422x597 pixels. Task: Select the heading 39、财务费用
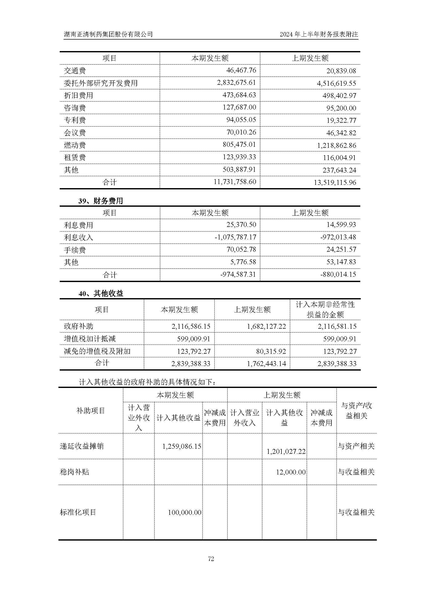pyautogui.click(x=101, y=201)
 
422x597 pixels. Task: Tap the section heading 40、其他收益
pyautogui.click(x=101, y=294)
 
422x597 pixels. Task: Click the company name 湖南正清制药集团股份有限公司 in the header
pyautogui.click(x=108, y=34)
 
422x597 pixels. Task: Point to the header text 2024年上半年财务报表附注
pyautogui.click(x=319, y=34)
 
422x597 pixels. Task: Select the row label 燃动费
pyautogui.click(x=75, y=145)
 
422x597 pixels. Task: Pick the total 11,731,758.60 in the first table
pyautogui.click(x=235, y=182)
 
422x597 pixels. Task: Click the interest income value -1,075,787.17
pyautogui.click(x=235, y=237)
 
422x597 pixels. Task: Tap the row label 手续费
pyautogui.click(x=75, y=250)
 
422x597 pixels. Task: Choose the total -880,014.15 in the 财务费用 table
pyautogui.click(x=338, y=274)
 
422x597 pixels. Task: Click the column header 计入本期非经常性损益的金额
pyautogui.click(x=325, y=309)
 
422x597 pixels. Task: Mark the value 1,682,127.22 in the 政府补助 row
pyautogui.click(x=266, y=326)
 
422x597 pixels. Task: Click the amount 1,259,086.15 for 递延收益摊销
pyautogui.click(x=182, y=446)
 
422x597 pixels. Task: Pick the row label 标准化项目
pyautogui.click(x=78, y=513)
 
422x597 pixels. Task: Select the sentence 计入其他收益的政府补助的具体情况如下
pyautogui.click(x=147, y=382)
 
